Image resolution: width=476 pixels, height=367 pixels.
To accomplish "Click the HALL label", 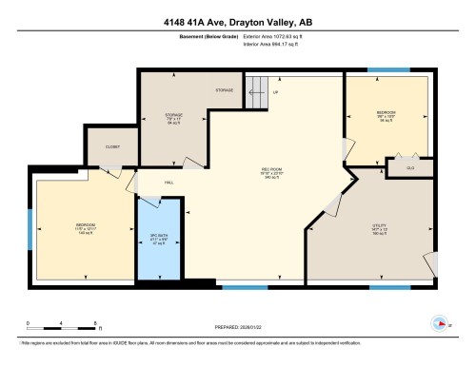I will [168, 182].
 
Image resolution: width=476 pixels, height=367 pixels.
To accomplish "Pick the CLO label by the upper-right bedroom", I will [409, 166].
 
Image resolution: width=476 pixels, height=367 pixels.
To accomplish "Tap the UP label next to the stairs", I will [276, 93].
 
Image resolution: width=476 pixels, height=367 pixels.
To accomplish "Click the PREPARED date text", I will [238, 320].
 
